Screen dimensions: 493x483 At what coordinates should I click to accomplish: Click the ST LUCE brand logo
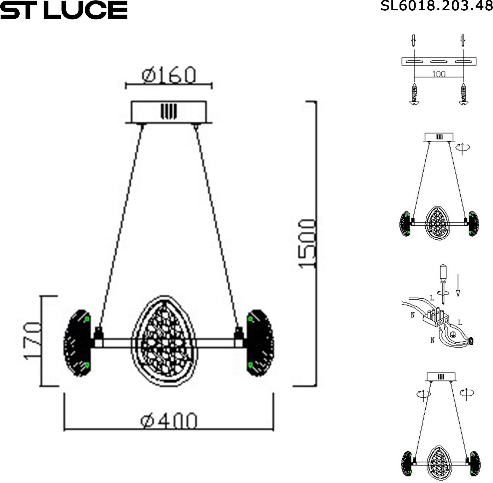pyautogui.click(x=64, y=10)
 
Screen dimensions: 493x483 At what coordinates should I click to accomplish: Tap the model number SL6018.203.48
pyautogui.click(x=437, y=6)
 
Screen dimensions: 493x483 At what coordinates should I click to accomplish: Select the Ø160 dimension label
pyautogui.click(x=169, y=75)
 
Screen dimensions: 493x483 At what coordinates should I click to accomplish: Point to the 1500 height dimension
pyautogui.click(x=307, y=244)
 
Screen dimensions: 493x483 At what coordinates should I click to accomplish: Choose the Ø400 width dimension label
pyautogui.click(x=169, y=421)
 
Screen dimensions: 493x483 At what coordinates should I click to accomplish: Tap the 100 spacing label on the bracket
pyautogui.click(x=439, y=74)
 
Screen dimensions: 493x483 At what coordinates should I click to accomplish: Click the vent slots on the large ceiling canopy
pyautogui.click(x=169, y=111)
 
